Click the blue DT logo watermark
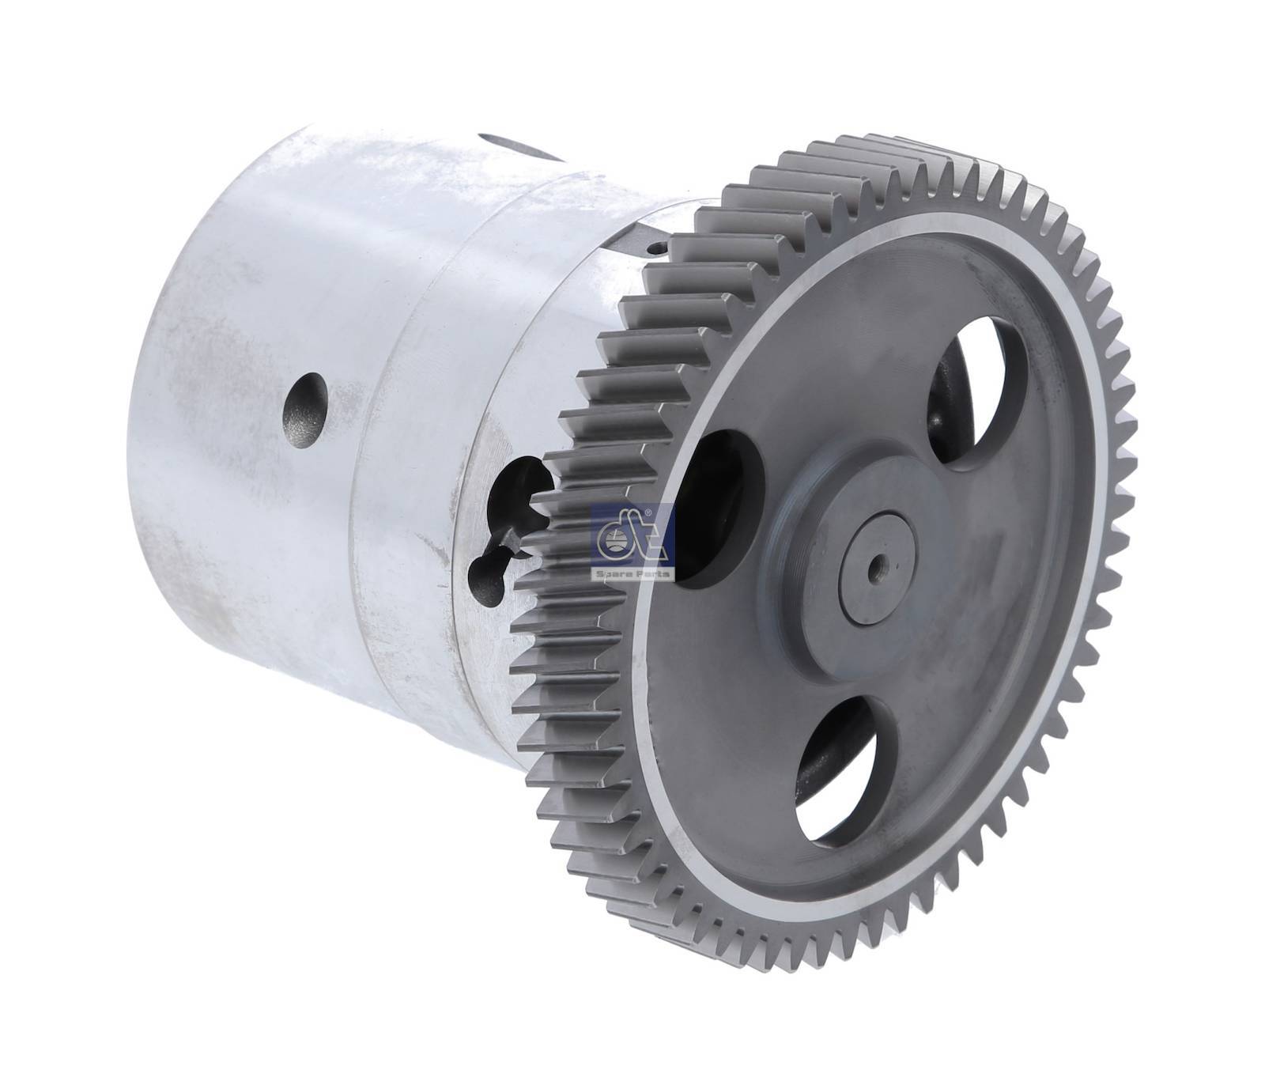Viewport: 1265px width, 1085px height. click(x=632, y=542)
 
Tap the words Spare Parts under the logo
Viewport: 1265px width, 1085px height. click(x=632, y=573)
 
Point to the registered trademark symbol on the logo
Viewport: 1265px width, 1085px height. click(x=648, y=516)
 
